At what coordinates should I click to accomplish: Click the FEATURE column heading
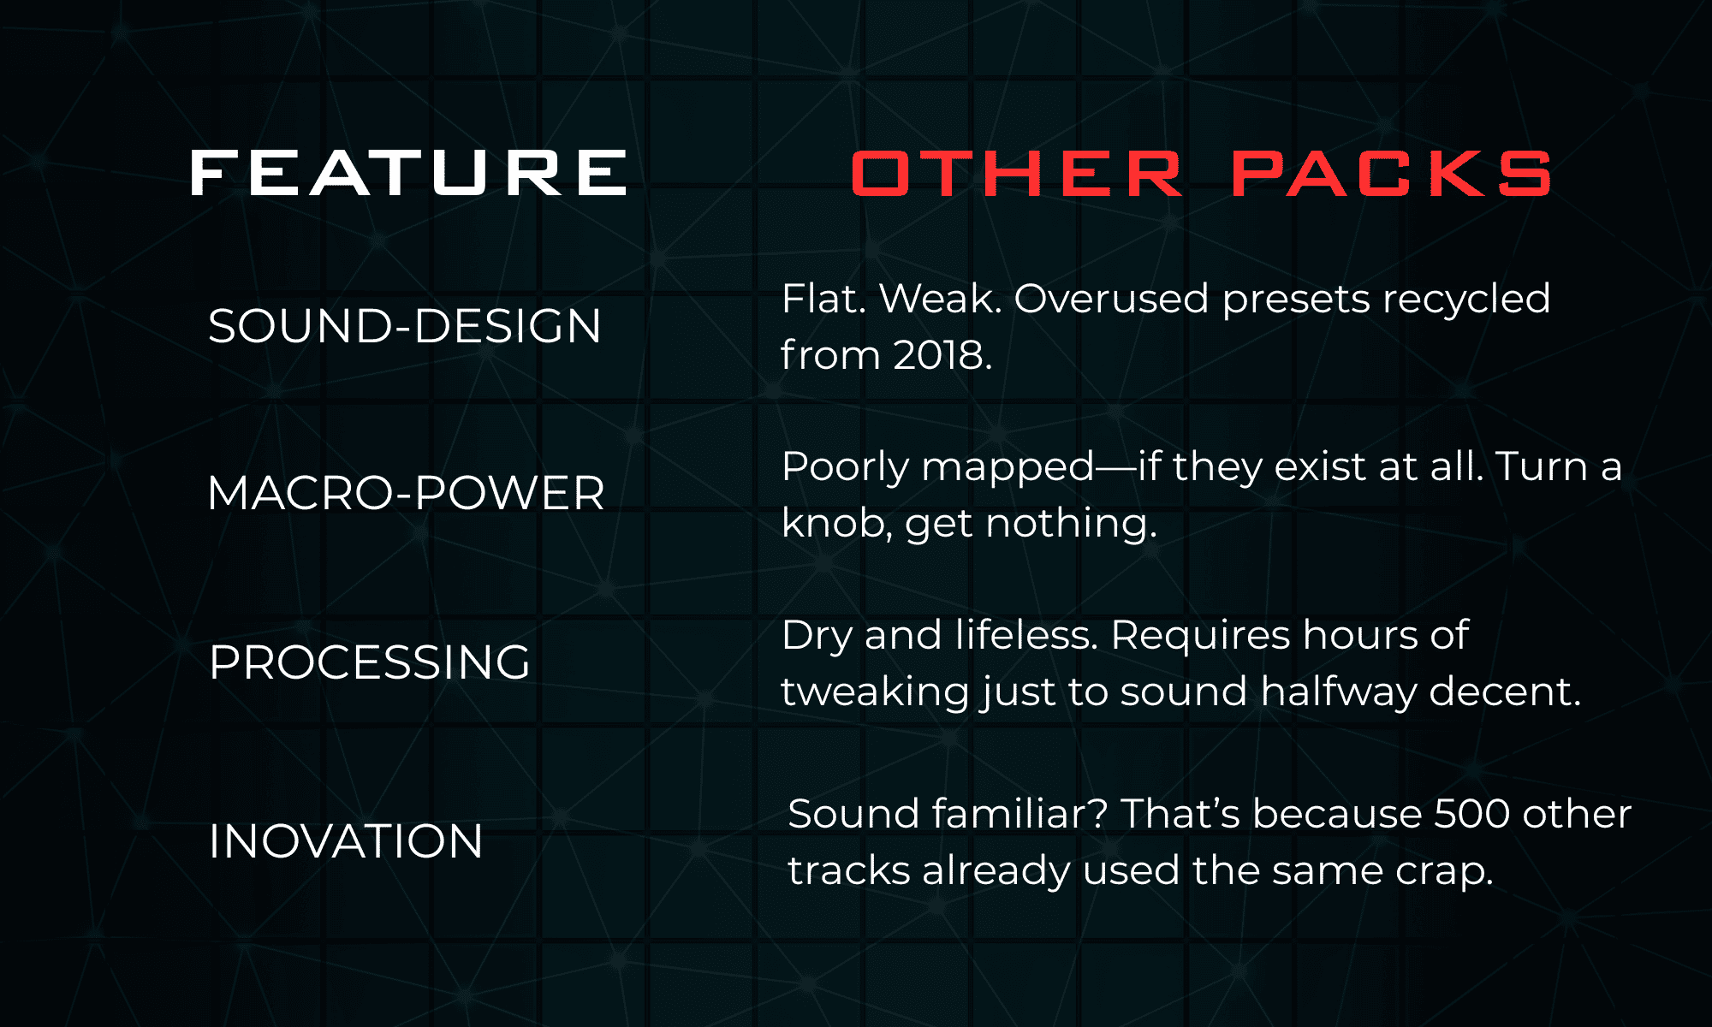pyautogui.click(x=409, y=173)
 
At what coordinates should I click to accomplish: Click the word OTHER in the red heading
pyautogui.click(x=1018, y=174)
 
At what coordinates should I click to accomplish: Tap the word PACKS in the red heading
pyautogui.click(x=1392, y=174)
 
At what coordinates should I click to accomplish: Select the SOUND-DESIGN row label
pyautogui.click(x=405, y=326)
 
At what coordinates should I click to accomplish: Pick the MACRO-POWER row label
pyautogui.click(x=406, y=493)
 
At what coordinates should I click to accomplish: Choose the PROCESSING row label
pyautogui.click(x=370, y=662)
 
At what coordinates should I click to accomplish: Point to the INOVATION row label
pyautogui.click(x=346, y=840)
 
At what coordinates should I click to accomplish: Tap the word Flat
pyautogui.click(x=824, y=299)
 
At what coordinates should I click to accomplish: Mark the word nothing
pyautogui.click(x=1072, y=525)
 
